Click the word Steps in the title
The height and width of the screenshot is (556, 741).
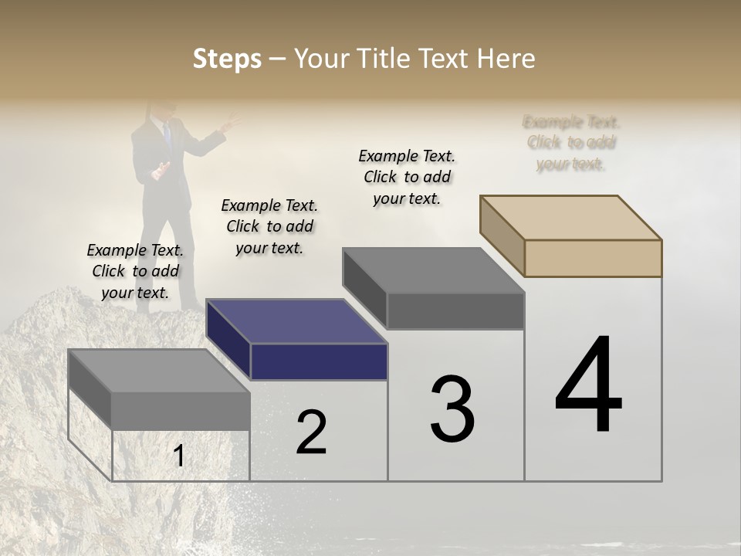(x=227, y=59)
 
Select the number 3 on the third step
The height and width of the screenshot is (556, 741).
(x=452, y=409)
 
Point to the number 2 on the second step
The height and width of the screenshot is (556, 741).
(x=311, y=432)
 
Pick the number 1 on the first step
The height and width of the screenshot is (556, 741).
(x=179, y=456)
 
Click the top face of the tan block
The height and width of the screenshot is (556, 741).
(x=571, y=218)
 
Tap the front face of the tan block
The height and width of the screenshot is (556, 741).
(x=593, y=258)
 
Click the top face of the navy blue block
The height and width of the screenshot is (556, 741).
(x=296, y=321)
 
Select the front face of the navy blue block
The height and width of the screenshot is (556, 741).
(x=319, y=361)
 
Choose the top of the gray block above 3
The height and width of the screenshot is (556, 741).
(x=434, y=270)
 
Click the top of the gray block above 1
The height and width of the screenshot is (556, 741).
(x=159, y=371)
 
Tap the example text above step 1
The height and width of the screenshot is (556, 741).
(x=135, y=271)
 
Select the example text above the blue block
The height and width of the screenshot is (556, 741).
(x=269, y=226)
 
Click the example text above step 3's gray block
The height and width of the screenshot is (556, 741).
(x=407, y=177)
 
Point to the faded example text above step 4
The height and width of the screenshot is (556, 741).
(x=571, y=143)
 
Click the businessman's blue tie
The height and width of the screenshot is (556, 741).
(x=167, y=134)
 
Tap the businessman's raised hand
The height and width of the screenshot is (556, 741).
(x=230, y=121)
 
